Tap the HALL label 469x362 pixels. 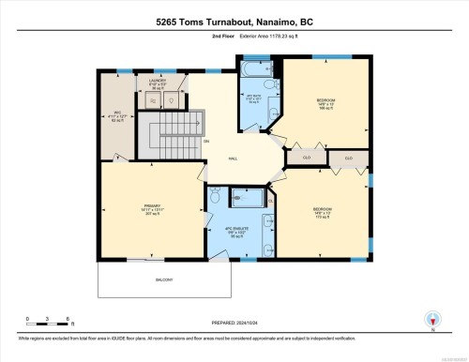coord(232,158)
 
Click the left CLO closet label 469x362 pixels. coord(305,158)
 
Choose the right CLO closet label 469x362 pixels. coord(348,158)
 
